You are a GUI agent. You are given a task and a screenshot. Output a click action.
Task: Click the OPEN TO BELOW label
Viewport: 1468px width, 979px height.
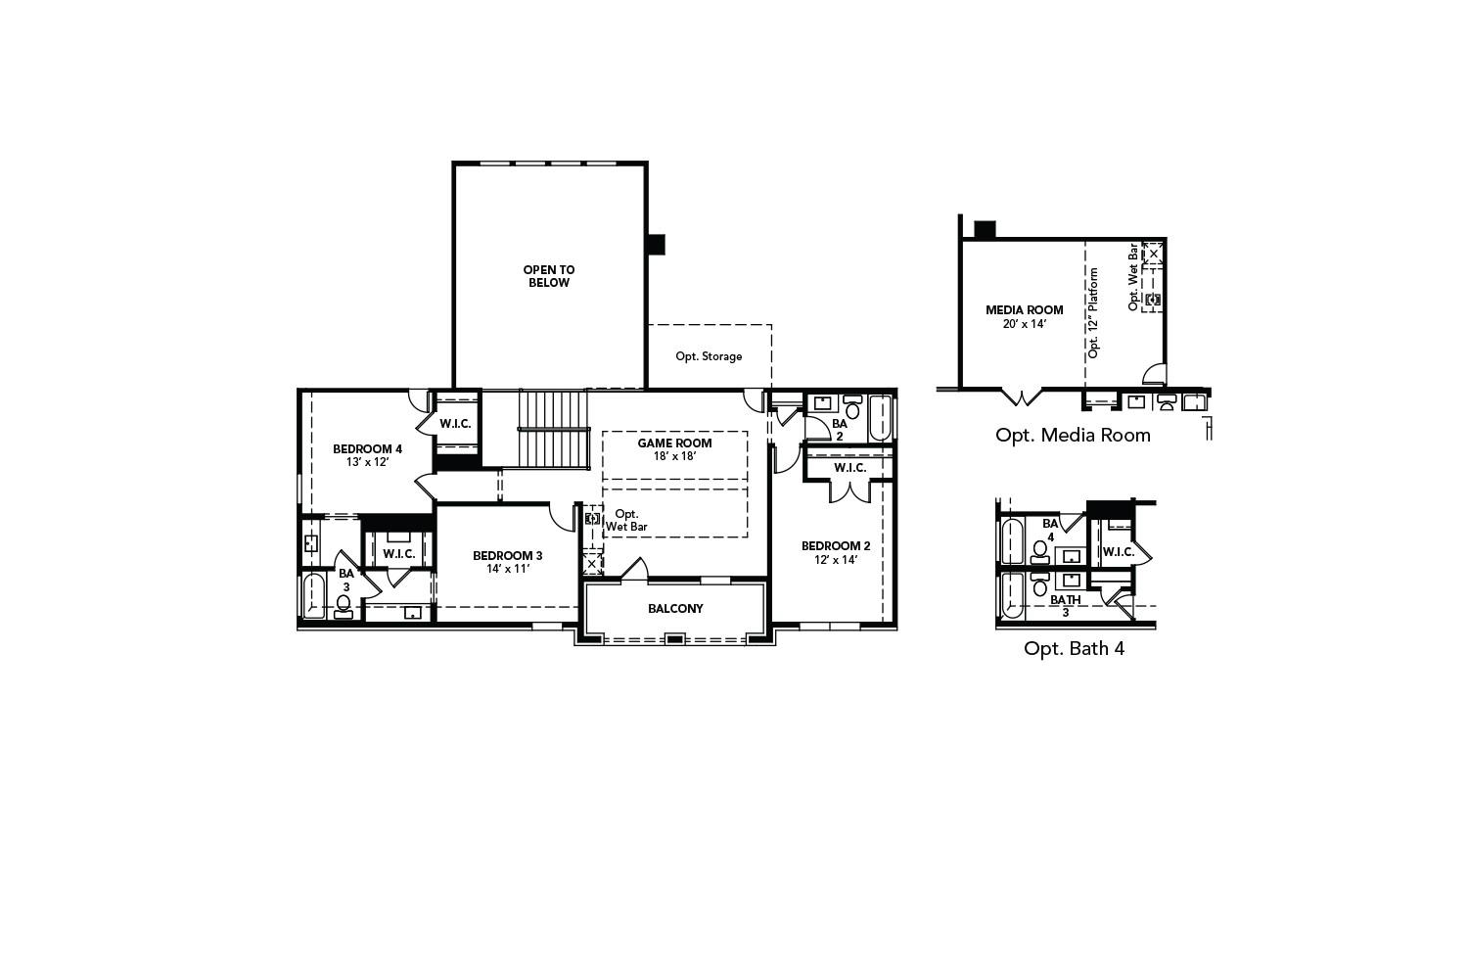[x=548, y=276]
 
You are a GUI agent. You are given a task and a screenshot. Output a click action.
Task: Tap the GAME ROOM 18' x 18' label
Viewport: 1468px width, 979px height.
[x=674, y=449]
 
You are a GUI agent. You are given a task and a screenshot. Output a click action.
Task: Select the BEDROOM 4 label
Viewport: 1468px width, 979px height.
[x=367, y=449]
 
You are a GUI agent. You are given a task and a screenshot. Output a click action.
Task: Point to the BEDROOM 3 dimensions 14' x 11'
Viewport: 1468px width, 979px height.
[x=507, y=569]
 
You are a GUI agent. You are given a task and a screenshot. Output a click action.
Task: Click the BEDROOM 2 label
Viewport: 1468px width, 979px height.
[x=835, y=546]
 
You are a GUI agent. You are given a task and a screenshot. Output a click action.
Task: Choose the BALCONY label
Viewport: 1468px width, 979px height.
[x=675, y=609]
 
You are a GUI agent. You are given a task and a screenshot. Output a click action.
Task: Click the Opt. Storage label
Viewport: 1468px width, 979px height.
[x=709, y=356]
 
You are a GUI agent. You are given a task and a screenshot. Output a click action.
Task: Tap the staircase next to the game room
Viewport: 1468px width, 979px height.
[x=553, y=429]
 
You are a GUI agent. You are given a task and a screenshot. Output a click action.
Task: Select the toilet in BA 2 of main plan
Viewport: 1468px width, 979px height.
[x=852, y=404]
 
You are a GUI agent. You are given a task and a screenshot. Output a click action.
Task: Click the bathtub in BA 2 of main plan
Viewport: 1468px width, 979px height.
[x=880, y=417]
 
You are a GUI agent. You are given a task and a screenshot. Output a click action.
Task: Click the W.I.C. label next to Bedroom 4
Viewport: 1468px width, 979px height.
[x=455, y=424]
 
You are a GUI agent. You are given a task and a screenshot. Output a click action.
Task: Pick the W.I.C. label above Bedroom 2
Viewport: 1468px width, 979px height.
[x=849, y=468]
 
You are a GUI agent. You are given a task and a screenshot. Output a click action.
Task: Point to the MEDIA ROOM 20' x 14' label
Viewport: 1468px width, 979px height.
[x=1024, y=317]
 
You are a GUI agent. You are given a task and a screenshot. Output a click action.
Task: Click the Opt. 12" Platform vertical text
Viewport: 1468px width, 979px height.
[x=1094, y=312]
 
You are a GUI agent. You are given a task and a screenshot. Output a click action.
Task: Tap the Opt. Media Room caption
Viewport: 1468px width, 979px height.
[x=1073, y=435]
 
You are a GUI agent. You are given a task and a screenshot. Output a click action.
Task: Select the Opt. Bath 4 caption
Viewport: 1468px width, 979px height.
[x=1074, y=648]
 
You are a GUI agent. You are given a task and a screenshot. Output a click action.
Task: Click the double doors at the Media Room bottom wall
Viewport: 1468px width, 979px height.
[x=1022, y=397]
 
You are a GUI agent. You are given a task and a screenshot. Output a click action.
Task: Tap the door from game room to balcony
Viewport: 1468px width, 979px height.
[x=633, y=570]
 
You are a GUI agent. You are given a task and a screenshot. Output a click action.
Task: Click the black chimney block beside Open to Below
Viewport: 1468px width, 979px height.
[x=656, y=244]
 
